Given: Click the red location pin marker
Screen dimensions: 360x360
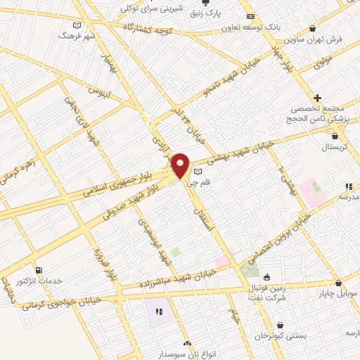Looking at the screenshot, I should (x=181, y=165).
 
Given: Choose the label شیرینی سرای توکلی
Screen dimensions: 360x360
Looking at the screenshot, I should (x=152, y=8).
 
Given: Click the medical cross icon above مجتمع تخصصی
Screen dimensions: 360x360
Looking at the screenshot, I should (x=318, y=98).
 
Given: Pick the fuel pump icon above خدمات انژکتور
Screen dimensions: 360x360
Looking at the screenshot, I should (x=38, y=270).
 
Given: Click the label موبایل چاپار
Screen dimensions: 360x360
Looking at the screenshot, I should (x=337, y=292).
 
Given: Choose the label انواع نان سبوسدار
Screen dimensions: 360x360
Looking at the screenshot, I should (x=187, y=353).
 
